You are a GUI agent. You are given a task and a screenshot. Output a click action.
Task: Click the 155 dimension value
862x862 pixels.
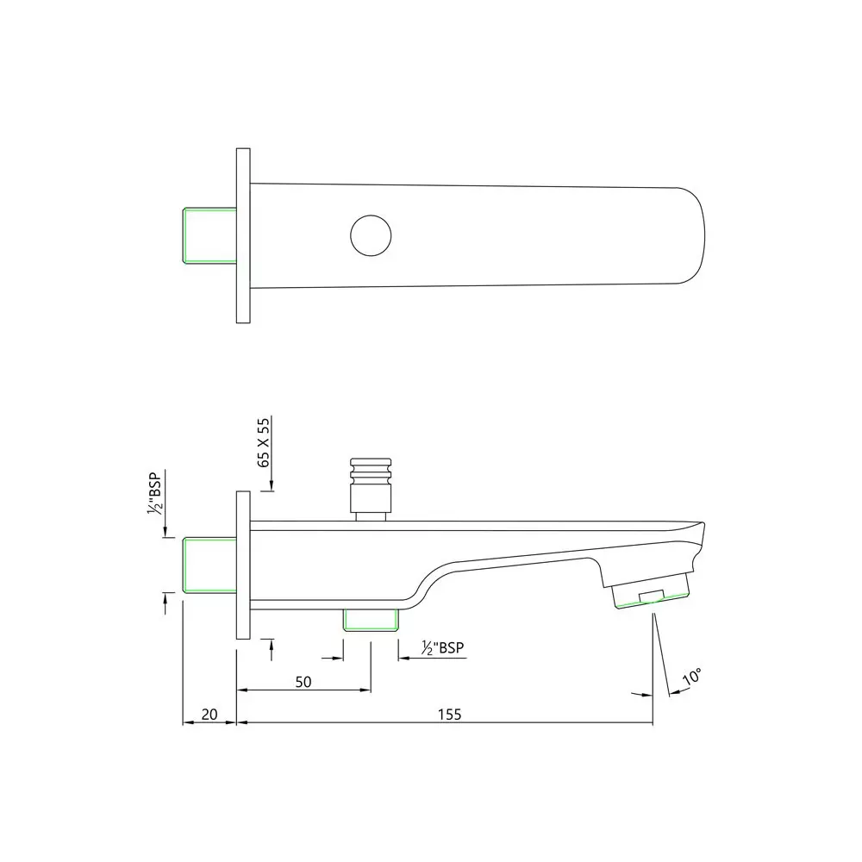tap(449, 714)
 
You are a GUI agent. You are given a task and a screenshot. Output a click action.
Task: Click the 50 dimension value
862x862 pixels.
tap(303, 681)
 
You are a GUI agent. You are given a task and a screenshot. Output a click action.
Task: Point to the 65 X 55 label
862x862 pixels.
tap(265, 440)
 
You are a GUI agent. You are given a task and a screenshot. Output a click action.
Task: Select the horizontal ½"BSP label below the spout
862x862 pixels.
tap(445, 648)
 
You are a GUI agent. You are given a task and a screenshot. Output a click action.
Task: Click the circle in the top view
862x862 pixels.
tap(372, 234)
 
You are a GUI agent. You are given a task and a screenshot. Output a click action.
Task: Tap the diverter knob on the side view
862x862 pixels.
tap(371, 483)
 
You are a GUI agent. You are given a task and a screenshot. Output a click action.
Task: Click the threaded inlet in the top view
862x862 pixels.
tap(209, 234)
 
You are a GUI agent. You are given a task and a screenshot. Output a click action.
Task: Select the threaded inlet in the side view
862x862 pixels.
tap(209, 564)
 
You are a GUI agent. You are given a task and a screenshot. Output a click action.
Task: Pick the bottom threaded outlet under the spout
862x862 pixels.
tap(371, 619)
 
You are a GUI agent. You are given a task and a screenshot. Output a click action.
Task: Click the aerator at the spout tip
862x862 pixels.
tap(653, 594)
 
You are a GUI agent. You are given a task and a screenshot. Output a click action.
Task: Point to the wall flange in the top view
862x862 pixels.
tap(243, 235)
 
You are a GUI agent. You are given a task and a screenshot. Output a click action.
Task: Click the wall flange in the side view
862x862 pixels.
tap(243, 565)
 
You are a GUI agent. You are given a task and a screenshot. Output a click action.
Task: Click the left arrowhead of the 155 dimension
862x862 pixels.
tap(241, 723)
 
